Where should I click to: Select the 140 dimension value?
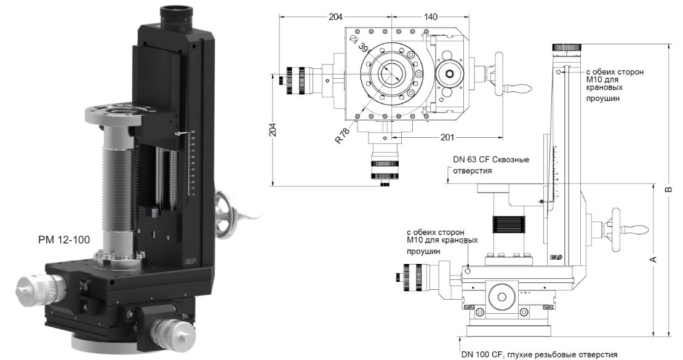[x=430, y=17]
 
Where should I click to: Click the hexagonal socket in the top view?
[x=447, y=75]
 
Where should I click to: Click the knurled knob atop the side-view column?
[x=567, y=48]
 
